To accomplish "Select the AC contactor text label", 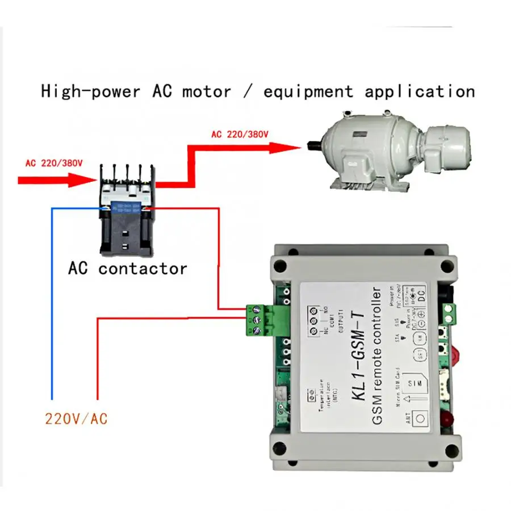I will coord(127,268).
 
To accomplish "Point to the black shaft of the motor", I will coord(312,145).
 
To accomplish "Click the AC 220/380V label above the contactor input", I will coord(54,163).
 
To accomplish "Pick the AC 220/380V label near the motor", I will coord(240,135).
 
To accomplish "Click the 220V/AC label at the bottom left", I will coord(76,420).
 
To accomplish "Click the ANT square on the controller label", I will coord(420,418).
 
